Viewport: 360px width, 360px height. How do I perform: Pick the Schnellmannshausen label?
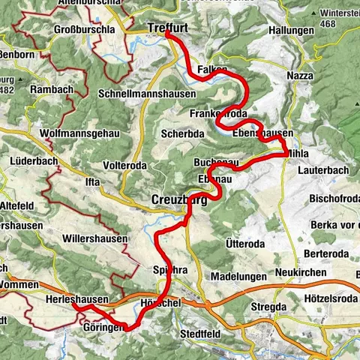pos(147,94)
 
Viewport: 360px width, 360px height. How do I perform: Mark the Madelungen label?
pos(233,275)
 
